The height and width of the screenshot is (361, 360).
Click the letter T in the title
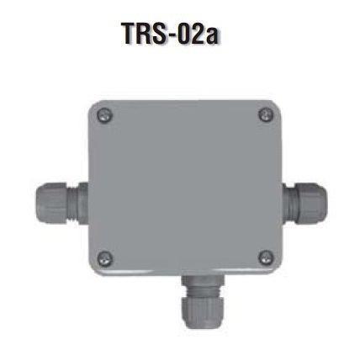coord(130,34)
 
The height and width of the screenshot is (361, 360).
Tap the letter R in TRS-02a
coord(147,34)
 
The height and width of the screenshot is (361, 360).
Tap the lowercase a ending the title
coord(212,36)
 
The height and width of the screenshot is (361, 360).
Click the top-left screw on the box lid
coord(104,115)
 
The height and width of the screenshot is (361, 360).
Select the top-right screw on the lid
coord(266,115)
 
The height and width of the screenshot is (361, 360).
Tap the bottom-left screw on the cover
coord(105,258)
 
